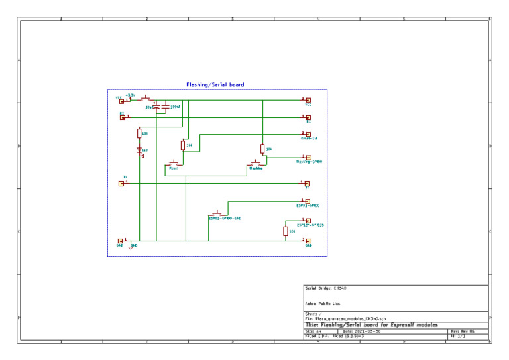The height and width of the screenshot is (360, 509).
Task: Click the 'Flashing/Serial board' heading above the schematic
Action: pyautogui.click(x=215, y=85)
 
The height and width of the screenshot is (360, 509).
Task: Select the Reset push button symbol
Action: pyautogui.click(x=175, y=163)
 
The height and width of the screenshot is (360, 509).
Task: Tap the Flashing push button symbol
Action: pyautogui.click(x=256, y=163)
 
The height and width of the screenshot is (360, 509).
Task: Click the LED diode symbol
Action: pyautogui.click(x=139, y=151)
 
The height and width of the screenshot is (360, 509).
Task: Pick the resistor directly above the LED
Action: pyautogui.click(x=139, y=133)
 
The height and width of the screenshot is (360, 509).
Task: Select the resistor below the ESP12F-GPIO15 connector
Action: pyautogui.click(x=285, y=231)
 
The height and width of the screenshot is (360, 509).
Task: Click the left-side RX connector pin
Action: pyautogui.click(x=121, y=117)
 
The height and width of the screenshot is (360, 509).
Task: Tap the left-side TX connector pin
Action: pyautogui.click(x=121, y=184)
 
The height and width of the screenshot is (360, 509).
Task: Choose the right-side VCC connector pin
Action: pyautogui.click(x=308, y=100)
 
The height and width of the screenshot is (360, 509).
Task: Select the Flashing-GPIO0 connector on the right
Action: pyautogui.click(x=308, y=157)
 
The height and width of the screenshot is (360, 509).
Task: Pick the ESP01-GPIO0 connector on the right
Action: pyautogui.click(x=308, y=201)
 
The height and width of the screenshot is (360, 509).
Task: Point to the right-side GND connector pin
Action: pyautogui.click(x=308, y=241)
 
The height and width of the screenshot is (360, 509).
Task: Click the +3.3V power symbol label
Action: pyautogui.click(x=130, y=95)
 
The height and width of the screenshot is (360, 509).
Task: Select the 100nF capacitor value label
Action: pyautogui.click(x=176, y=106)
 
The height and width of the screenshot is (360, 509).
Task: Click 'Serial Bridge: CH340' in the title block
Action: pyautogui.click(x=325, y=288)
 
